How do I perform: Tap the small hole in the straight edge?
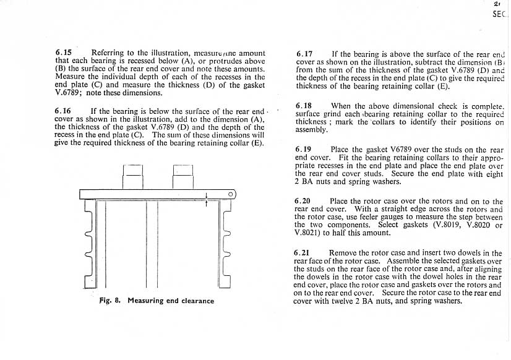(231, 194)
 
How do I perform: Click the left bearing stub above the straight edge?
(133, 176)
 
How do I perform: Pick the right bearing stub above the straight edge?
(183, 176)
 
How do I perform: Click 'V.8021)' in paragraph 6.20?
(310, 233)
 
